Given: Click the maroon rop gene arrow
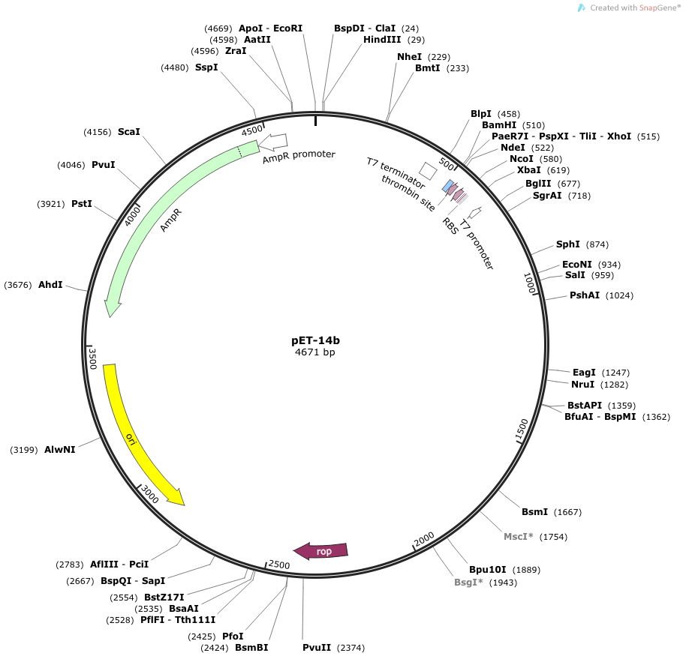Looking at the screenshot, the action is (320, 551).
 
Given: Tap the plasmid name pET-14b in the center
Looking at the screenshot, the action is (315, 340).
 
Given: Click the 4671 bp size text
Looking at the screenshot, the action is (315, 352).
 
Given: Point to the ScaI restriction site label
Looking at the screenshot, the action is (128, 131).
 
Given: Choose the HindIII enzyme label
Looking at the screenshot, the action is (382, 40).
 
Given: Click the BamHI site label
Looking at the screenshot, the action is (499, 125).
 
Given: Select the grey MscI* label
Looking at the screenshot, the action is (519, 537).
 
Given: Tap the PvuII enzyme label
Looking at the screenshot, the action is (317, 647).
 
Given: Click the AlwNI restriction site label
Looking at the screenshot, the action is (60, 450).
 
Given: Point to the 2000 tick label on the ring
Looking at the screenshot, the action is (424, 539).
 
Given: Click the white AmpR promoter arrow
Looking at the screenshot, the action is (273, 141).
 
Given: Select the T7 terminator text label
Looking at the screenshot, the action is (396, 173).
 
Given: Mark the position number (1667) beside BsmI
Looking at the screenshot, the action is (567, 512).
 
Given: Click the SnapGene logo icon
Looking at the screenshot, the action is (582, 7).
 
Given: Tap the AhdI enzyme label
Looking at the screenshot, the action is (50, 285).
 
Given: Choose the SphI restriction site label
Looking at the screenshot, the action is (568, 244).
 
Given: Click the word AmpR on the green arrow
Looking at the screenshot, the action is (170, 220).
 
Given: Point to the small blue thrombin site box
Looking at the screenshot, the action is (448, 187).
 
